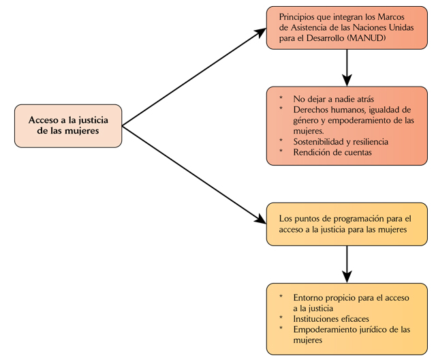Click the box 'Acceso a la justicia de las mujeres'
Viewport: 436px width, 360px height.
(x=68, y=125)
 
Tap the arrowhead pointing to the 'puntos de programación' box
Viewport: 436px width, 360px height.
(x=260, y=220)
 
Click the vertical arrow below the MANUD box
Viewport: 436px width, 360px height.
(x=347, y=65)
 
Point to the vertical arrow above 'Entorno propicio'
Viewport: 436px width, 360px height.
(x=347, y=263)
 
